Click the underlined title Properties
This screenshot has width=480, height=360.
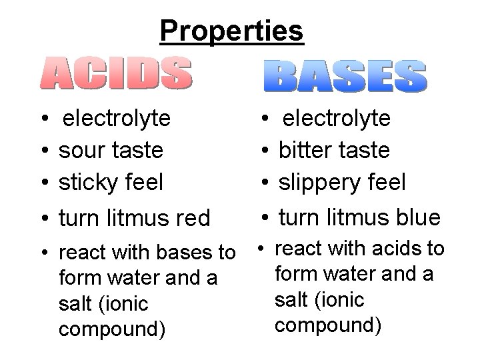[x=231, y=30]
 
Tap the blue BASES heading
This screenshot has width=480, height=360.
[x=344, y=76]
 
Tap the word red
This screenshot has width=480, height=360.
[x=193, y=217]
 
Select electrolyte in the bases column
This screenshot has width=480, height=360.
[x=337, y=119]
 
